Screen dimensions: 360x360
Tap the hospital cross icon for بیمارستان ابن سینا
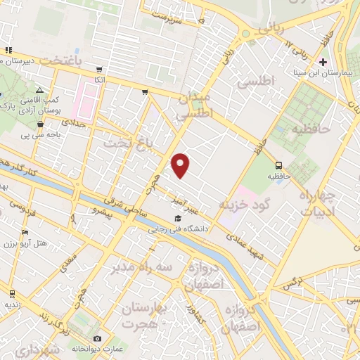pos(323,62)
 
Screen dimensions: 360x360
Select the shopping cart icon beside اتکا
pos(99,70)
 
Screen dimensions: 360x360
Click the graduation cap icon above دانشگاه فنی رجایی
pos(177,218)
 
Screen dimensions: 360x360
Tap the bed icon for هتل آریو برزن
pos(25,233)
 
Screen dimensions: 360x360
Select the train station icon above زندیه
pos(12,292)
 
